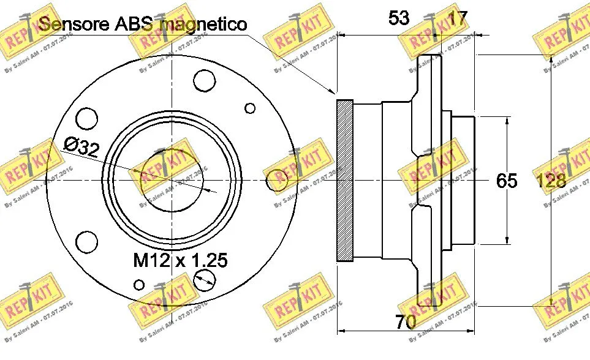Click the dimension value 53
[398, 18]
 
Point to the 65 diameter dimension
[507, 181]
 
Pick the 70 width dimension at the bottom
[406, 321]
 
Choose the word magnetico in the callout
[203, 24]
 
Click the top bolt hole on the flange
[203, 80]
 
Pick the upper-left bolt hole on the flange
[86, 118]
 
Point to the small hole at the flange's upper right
[250, 108]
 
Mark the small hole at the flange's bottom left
[140, 284]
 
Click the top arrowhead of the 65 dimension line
[507, 121]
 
